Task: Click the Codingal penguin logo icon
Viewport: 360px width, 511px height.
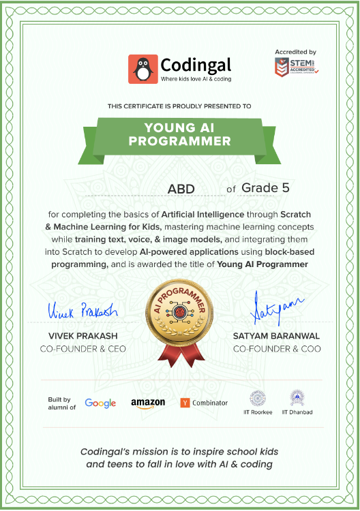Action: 142,69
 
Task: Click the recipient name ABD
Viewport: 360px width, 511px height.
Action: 181,189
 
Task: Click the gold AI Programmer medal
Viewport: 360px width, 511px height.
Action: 179,314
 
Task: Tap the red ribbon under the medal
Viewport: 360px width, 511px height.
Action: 179,354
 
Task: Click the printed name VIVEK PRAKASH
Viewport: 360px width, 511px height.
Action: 83,337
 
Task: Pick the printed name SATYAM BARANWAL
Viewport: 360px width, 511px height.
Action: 277,337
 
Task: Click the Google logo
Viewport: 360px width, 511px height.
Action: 100,403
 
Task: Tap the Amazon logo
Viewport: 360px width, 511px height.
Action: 148,403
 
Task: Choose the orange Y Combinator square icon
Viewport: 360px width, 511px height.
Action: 184,403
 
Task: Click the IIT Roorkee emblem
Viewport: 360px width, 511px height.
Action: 258,398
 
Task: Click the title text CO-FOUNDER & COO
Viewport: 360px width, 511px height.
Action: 277,349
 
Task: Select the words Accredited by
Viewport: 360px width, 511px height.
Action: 295,52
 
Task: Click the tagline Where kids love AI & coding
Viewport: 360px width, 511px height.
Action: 196,79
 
